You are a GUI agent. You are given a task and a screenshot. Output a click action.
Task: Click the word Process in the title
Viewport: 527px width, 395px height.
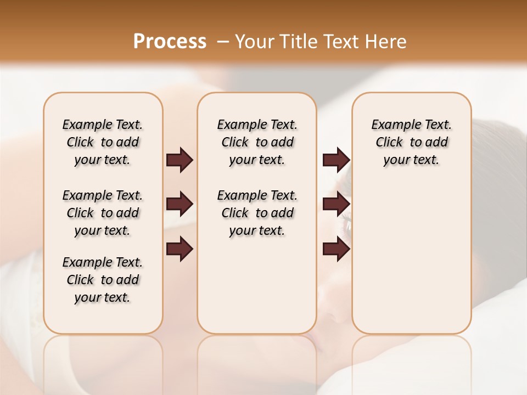[170, 42]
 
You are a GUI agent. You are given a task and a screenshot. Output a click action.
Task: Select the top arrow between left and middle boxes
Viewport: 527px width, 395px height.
[180, 160]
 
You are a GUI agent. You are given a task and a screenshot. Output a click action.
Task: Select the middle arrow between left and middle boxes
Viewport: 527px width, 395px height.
[180, 204]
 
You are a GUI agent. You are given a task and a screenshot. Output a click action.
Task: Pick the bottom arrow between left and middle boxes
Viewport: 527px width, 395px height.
[180, 249]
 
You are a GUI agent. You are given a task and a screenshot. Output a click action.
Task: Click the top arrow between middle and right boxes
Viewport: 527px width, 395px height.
[336, 160]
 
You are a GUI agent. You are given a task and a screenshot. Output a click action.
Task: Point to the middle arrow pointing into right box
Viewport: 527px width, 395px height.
[336, 204]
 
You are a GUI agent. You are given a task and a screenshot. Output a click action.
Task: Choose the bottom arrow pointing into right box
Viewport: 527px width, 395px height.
[336, 249]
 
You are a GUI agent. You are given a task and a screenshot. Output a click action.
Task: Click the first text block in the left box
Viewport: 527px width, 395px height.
[103, 142]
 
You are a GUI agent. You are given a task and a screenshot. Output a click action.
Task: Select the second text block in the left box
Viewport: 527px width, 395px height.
[103, 213]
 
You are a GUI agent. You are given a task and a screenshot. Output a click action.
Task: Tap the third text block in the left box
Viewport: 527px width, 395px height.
[103, 280]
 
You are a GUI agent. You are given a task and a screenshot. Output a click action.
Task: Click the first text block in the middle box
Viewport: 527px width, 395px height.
[257, 142]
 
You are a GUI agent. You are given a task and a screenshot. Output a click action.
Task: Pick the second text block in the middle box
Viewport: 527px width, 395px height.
[257, 213]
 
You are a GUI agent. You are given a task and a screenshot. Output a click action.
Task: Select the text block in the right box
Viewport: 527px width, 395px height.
[412, 142]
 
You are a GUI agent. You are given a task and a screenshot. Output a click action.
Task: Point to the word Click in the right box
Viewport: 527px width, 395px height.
[389, 143]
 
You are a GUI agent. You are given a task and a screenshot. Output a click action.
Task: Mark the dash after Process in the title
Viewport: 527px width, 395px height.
[223, 42]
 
